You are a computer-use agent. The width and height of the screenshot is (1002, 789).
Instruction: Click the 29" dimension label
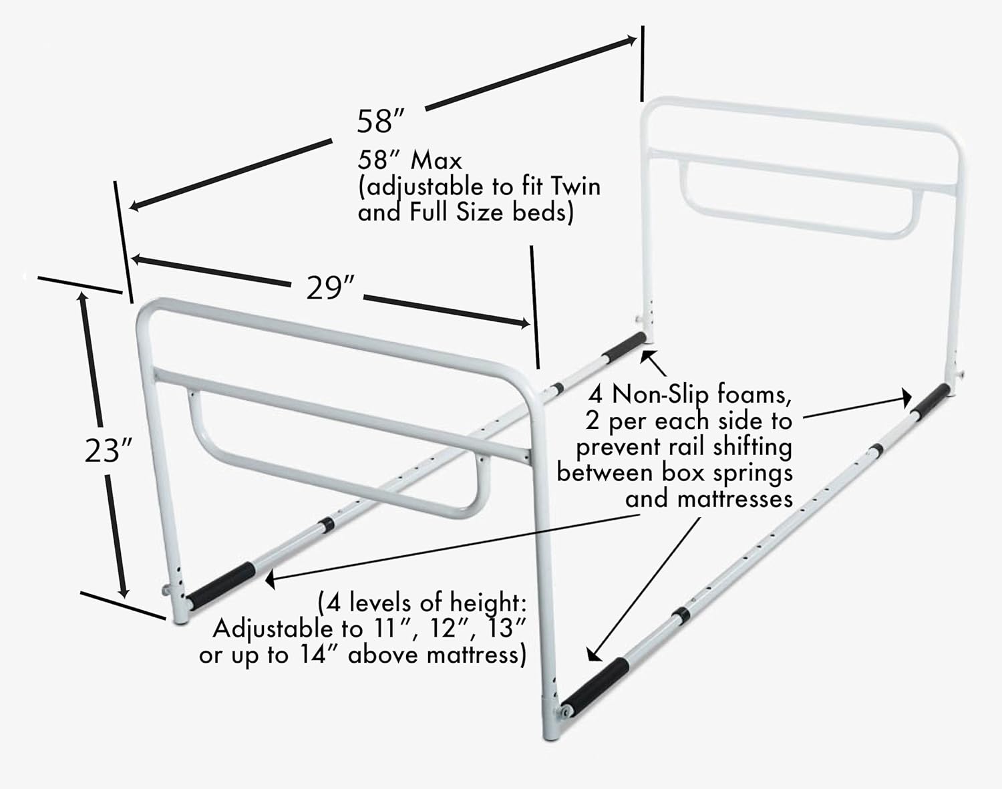(x=329, y=288)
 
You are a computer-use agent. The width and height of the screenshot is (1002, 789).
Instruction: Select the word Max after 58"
(x=436, y=160)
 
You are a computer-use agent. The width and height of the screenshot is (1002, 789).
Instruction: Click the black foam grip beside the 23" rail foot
(x=220, y=586)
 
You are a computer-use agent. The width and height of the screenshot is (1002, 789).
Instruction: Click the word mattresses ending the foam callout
(x=709, y=499)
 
